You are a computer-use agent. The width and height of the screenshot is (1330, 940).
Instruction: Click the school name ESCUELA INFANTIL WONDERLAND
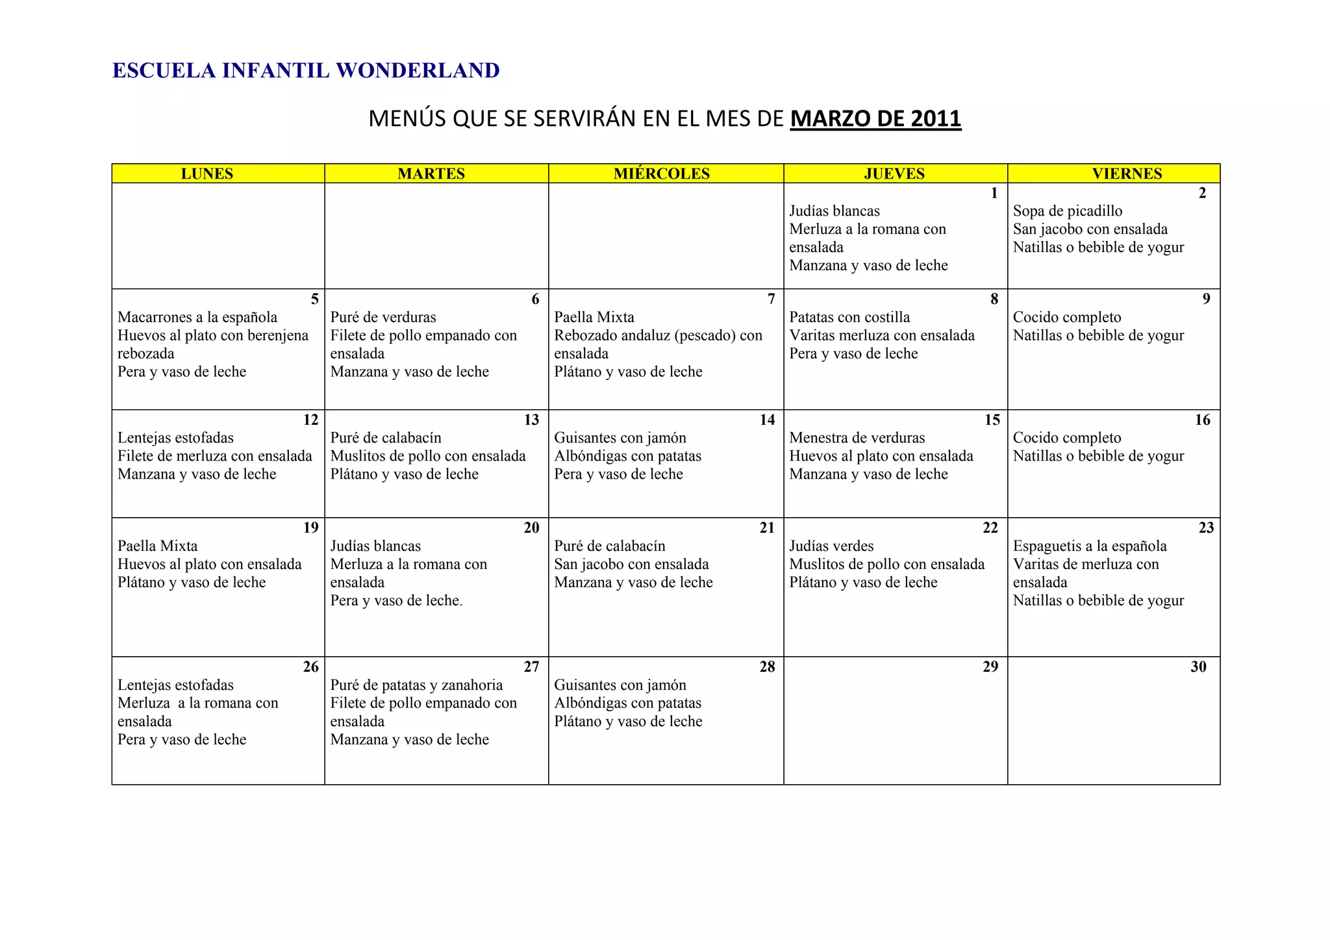pos(306,71)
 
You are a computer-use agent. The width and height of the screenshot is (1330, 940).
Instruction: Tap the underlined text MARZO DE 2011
pos(875,119)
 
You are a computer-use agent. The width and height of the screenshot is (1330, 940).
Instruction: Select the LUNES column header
pos(207,173)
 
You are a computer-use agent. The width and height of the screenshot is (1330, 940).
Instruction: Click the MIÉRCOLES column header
pos(662,173)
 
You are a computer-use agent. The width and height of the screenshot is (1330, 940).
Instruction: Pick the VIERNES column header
pos(1127,173)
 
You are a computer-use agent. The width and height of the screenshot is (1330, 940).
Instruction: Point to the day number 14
pos(767,420)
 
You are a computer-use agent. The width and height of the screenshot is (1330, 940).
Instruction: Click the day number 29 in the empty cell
pos(990,667)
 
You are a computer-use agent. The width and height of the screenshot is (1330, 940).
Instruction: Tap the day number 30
pos(1198,667)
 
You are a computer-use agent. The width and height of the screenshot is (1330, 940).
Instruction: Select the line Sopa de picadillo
pos(1068,211)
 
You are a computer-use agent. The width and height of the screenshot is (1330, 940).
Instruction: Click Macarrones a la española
pos(197,318)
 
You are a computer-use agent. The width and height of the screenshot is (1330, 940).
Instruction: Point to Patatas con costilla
pos(849,318)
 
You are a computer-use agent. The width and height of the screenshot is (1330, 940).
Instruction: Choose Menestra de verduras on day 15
pos(857,438)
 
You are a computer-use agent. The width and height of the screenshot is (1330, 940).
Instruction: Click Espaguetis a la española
pos(1090,546)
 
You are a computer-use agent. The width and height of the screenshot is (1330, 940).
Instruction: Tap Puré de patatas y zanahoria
pos(416,685)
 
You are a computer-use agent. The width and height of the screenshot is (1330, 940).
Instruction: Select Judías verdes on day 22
pos(831,546)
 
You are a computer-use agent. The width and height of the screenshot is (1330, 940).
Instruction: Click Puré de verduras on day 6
pos(383,318)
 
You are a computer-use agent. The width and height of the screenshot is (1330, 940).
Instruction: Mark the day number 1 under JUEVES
pos(994,193)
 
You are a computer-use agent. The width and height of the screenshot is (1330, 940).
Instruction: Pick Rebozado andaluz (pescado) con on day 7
pos(658,336)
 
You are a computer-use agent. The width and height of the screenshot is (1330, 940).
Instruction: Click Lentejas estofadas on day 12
pos(175,438)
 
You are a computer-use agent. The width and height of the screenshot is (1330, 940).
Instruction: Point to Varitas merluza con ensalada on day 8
pos(882,336)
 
